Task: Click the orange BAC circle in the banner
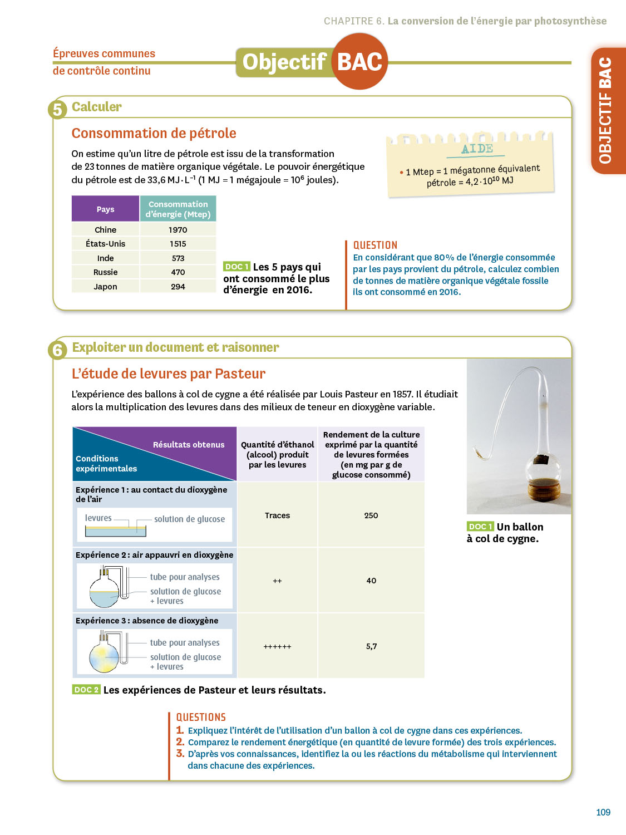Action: (360, 61)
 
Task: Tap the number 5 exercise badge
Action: (57, 110)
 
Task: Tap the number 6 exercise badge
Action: (57, 350)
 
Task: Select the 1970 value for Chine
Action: (178, 230)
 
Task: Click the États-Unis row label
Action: (105, 244)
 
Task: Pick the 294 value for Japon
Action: (178, 287)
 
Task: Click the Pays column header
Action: (105, 209)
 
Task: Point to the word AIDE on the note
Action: (477, 149)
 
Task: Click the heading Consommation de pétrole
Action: (154, 134)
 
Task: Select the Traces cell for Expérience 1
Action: (277, 515)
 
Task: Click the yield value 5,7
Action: (371, 646)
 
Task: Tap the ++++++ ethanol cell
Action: (277, 646)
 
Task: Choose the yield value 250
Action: (371, 515)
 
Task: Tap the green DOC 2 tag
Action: (86, 690)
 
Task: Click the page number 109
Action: (603, 812)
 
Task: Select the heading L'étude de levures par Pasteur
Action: (169, 374)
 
